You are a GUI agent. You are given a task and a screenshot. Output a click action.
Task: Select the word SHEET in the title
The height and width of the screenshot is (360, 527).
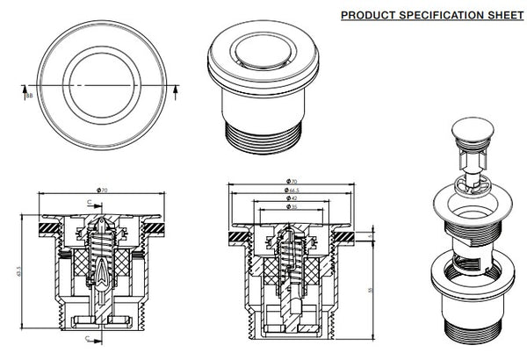tap(500, 15)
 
